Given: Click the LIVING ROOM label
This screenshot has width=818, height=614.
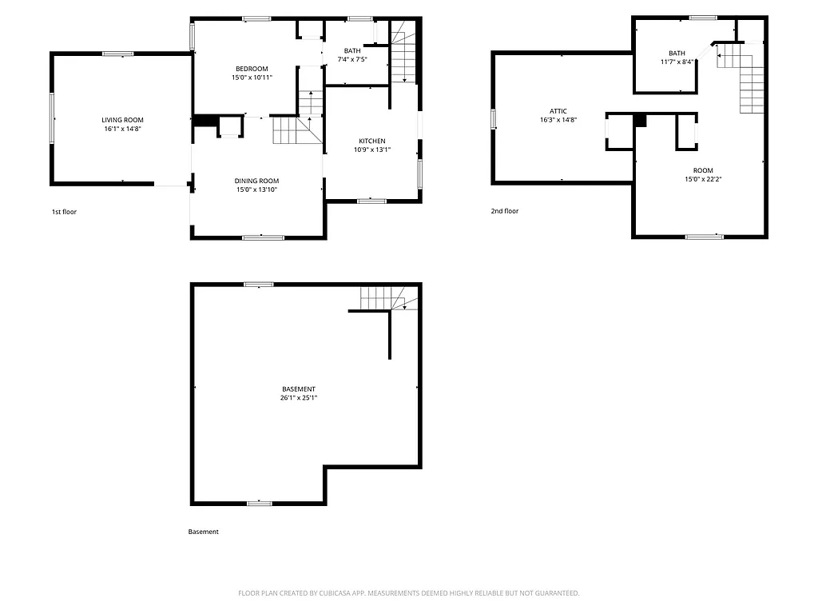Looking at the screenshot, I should (x=122, y=119).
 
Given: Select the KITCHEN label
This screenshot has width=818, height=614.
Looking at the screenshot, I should (x=372, y=141).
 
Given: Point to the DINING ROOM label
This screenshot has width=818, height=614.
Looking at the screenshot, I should (x=256, y=181).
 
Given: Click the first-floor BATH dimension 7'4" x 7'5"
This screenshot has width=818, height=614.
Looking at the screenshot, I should (x=352, y=59).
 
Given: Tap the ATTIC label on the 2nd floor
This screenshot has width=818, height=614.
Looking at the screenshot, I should (x=558, y=111).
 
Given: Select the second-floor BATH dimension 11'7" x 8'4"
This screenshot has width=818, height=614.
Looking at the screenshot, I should (x=677, y=62).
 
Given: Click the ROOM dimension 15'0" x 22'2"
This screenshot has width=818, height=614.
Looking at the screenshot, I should (x=703, y=179).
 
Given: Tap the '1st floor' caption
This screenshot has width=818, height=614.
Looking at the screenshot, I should (x=64, y=212).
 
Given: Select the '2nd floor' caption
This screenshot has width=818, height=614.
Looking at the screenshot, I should (x=504, y=211).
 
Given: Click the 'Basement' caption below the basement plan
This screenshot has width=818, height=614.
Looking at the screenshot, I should (x=203, y=532).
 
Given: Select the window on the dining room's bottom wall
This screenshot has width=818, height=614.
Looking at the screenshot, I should (x=263, y=237).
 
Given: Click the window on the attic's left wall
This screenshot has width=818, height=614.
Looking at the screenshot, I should (x=494, y=118).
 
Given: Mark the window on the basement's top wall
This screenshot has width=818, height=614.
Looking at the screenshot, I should (x=258, y=284).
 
